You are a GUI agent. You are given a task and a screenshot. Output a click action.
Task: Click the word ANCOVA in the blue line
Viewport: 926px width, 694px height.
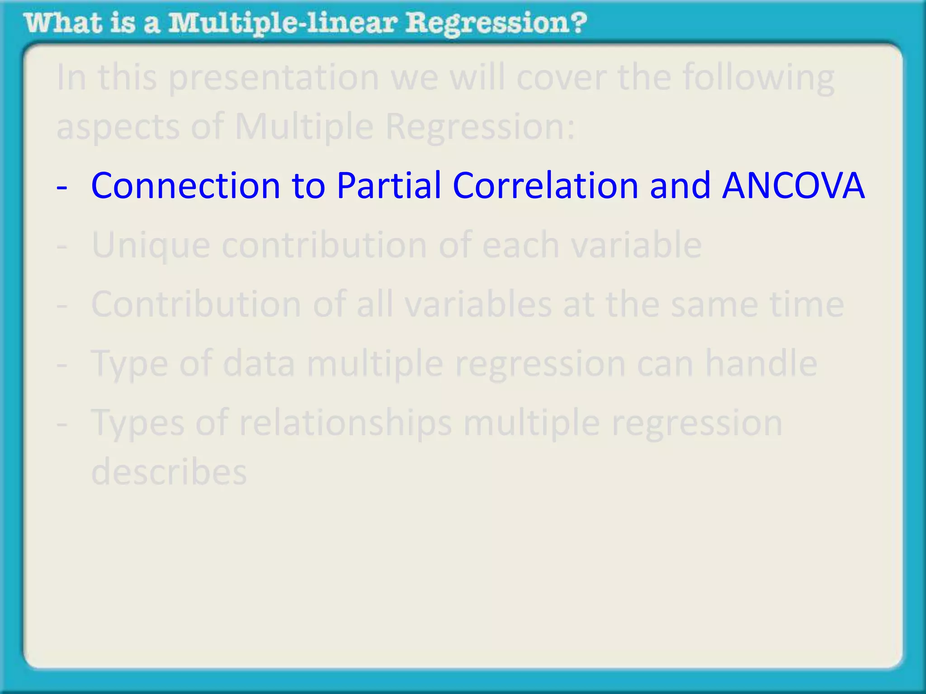794,186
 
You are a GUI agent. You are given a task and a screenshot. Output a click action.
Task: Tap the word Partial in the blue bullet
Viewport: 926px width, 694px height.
389,186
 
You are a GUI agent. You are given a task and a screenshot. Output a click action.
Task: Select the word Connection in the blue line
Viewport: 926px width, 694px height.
185,186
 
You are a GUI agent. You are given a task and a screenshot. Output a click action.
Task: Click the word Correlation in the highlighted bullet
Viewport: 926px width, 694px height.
545,186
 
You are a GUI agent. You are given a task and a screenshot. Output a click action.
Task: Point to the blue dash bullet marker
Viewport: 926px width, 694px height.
62,187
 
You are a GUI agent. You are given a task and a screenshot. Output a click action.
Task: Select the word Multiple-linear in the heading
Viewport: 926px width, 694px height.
283,23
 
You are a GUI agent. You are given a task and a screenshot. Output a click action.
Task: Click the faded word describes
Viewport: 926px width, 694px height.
169,471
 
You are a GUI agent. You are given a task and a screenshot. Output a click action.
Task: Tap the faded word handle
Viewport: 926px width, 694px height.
761,363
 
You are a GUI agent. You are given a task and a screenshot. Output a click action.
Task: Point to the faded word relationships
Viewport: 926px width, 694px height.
345,423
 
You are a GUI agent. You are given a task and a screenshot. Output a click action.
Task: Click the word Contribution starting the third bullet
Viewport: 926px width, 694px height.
196,304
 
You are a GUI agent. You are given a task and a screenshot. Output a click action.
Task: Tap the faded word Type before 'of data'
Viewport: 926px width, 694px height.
129,364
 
